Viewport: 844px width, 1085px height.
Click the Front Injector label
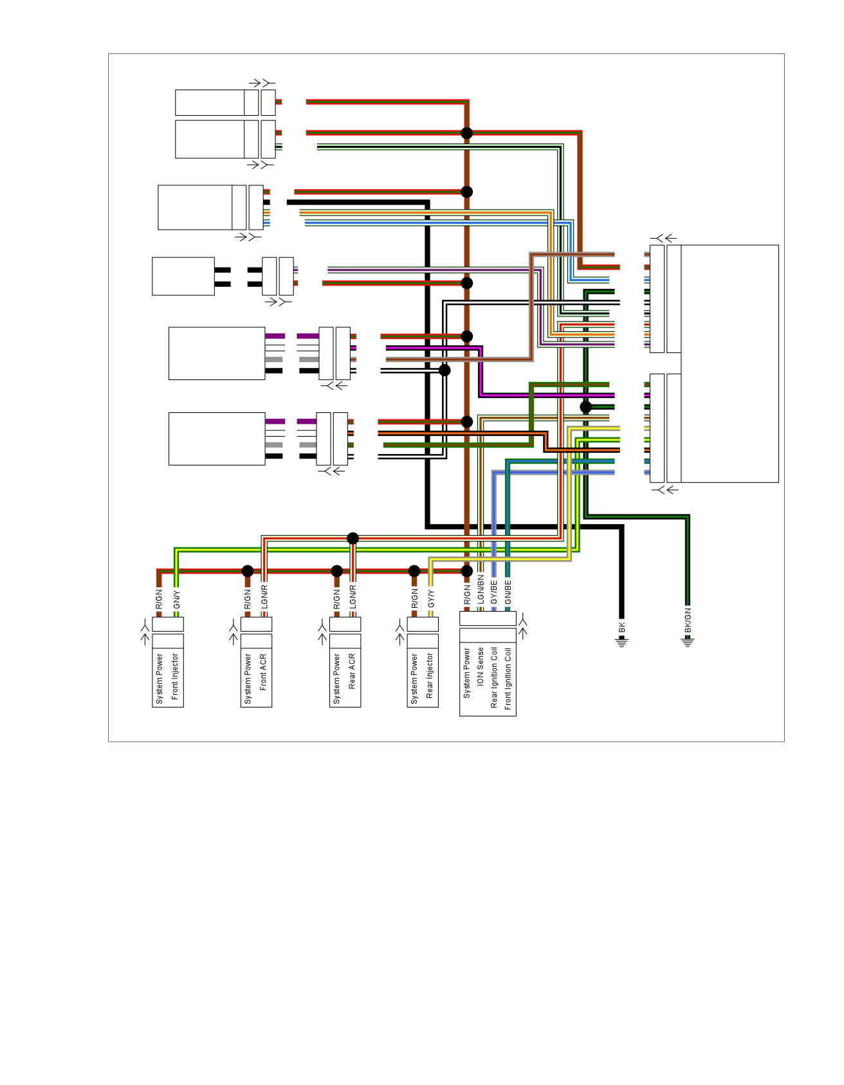(175, 677)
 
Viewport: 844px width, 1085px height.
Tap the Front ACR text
(263, 672)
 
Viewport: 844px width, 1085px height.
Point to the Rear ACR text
(352, 672)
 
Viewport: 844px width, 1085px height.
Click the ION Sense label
(481, 667)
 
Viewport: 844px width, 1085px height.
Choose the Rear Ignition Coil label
(494, 678)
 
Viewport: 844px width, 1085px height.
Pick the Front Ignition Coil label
(508, 679)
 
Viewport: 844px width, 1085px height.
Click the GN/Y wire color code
(177, 599)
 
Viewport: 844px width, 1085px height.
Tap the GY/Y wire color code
(431, 599)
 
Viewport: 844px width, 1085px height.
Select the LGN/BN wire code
(481, 589)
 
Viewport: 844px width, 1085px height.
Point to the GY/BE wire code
(494, 592)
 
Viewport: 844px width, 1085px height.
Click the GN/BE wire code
(508, 592)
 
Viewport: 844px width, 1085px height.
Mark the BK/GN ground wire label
(688, 620)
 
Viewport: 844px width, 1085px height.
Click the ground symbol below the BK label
(622, 642)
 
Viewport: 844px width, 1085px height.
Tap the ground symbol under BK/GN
(688, 642)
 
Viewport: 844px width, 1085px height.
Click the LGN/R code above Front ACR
(264, 597)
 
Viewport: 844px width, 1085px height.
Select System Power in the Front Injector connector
(160, 679)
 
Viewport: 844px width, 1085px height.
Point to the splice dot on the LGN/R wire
(353, 538)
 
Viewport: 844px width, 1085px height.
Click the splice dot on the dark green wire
(585, 406)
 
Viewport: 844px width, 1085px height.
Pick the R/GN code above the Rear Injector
(415, 599)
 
